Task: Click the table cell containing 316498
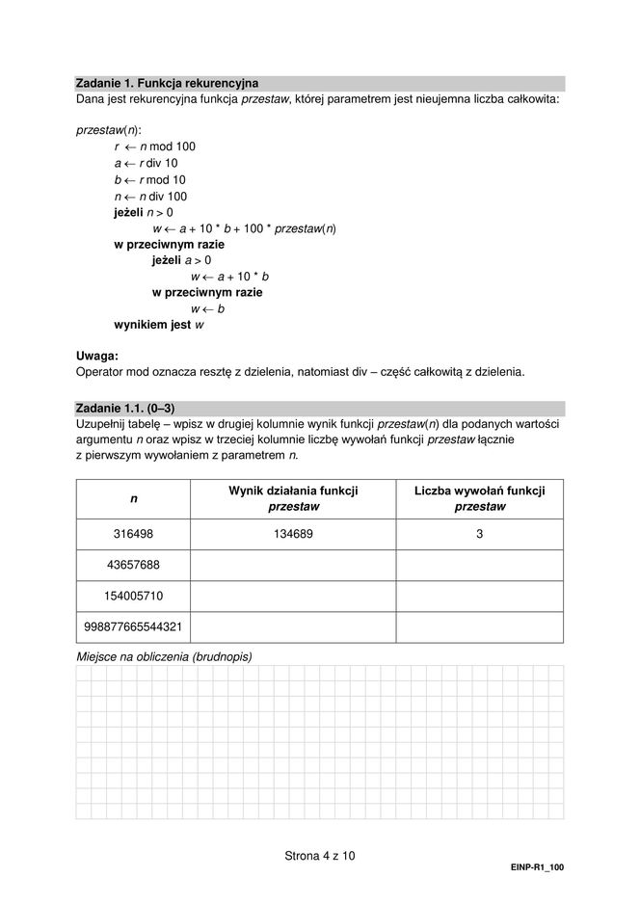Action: click(133, 534)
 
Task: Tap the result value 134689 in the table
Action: click(293, 534)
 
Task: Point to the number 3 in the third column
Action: click(479, 534)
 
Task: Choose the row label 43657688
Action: click(133, 565)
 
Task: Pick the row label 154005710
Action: click(133, 596)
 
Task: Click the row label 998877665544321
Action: click(133, 626)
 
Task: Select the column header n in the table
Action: click(133, 498)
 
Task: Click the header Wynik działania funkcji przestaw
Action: click(293, 498)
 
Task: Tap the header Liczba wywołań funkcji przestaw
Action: click(479, 498)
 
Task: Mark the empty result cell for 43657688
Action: click(293, 565)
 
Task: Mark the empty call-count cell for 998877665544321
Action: click(479, 626)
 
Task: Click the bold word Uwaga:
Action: click(96, 356)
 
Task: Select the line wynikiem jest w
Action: click(159, 325)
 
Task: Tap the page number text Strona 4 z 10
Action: click(320, 855)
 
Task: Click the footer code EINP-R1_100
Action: click(537, 867)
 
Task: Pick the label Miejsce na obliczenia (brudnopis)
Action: click(164, 656)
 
